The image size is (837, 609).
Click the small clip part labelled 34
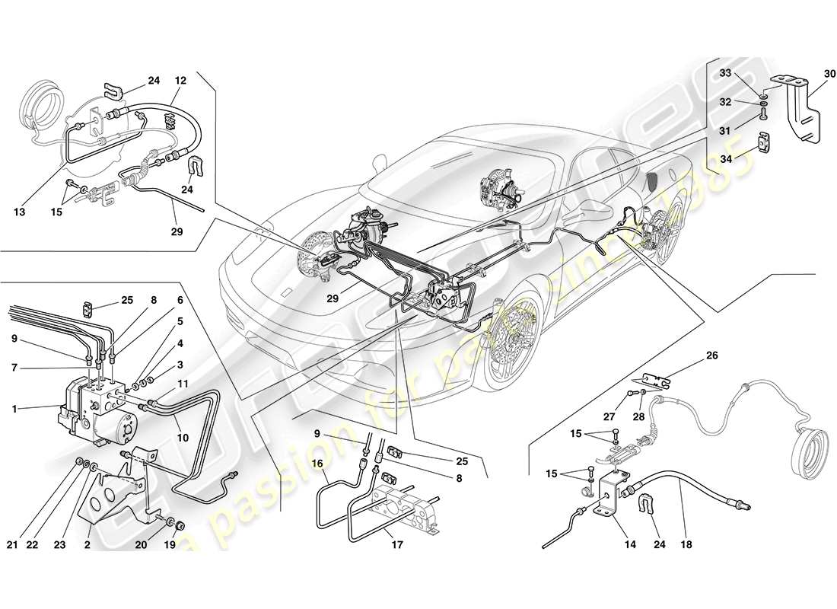coord(765,142)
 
